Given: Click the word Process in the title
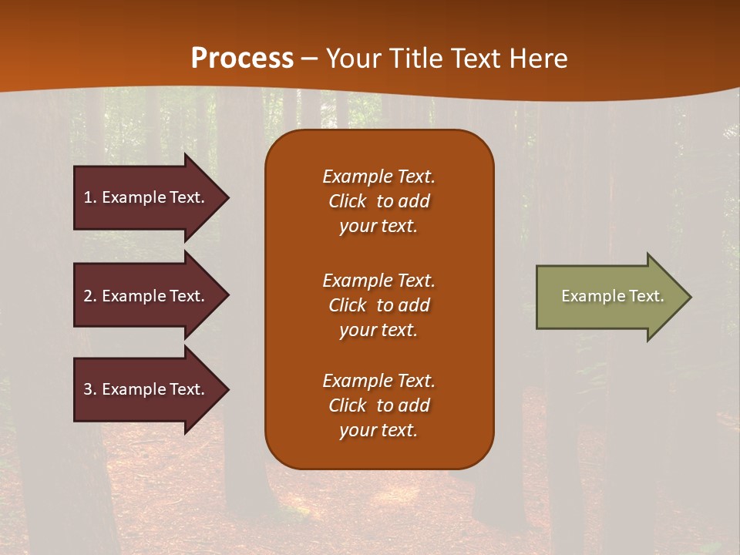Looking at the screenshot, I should [x=242, y=58].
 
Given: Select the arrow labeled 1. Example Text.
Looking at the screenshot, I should [x=146, y=197].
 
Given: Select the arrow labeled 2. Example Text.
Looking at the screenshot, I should [x=146, y=296].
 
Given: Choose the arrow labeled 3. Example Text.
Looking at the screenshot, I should [x=146, y=389].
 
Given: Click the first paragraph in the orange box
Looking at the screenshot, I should [x=378, y=201].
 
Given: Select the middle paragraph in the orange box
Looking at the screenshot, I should [x=378, y=305].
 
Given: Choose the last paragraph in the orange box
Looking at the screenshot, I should [x=378, y=405].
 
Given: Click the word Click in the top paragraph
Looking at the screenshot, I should [x=348, y=201].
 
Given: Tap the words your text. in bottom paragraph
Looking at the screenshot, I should [x=378, y=430].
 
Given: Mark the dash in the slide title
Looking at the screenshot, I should [x=310, y=59].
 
